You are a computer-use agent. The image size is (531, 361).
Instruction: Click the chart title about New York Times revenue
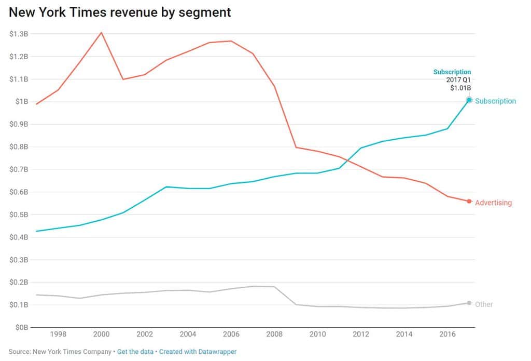(x=120, y=12)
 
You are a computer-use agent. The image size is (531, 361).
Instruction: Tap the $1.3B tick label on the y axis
(x=19, y=34)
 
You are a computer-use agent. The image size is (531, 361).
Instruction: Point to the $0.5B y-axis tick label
(x=19, y=215)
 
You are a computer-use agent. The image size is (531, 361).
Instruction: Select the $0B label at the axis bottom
(x=21, y=327)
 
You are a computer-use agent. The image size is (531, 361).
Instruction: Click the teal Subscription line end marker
(x=469, y=100)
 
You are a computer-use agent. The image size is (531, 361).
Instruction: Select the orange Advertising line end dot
(x=469, y=202)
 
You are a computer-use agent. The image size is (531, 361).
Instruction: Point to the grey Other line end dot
(x=469, y=303)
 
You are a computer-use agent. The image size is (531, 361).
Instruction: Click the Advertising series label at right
(x=493, y=203)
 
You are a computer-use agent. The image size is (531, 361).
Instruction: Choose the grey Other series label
(x=484, y=304)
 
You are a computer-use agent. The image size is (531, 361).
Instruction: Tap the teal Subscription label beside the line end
(x=495, y=101)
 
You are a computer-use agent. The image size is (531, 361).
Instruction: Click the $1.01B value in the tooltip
(x=460, y=88)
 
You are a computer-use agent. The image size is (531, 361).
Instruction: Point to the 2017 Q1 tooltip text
(x=458, y=80)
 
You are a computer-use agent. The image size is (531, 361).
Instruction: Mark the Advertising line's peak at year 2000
(x=102, y=33)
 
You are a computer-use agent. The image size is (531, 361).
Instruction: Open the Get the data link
(x=135, y=352)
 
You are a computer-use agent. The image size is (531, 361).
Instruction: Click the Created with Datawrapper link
(x=198, y=352)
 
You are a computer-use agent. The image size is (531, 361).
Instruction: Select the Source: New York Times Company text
(x=60, y=352)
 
